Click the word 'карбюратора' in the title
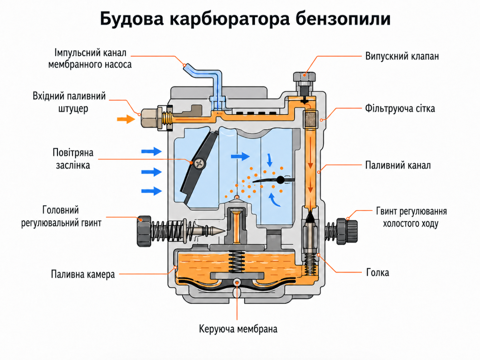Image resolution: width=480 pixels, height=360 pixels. (229, 19)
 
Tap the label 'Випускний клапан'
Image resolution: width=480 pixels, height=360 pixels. (402, 56)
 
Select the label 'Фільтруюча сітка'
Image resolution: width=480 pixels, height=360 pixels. (399, 109)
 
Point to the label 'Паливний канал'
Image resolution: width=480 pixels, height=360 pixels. (398, 165)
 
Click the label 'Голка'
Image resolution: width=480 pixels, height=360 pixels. (377, 273)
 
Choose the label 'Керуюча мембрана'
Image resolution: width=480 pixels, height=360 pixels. (238, 329)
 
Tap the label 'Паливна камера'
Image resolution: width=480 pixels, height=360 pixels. (83, 274)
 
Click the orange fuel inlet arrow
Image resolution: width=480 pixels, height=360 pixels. (126, 119)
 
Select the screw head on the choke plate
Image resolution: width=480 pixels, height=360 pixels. (199, 164)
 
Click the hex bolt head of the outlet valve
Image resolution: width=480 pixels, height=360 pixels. (304, 77)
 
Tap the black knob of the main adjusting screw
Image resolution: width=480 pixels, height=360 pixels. (144, 231)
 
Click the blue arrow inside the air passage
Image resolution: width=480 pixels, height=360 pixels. (240, 156)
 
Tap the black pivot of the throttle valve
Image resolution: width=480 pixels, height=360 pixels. (281, 180)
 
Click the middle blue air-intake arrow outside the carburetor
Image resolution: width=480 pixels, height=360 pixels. (151, 172)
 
